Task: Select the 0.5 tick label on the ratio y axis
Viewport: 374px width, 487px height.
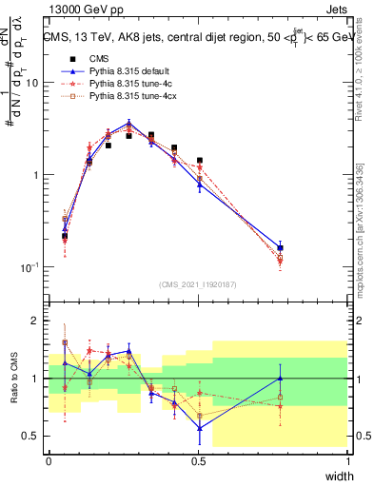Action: point(30,437)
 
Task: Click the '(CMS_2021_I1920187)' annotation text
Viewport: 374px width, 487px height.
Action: point(198,284)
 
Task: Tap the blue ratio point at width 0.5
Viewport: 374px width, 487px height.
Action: point(199,427)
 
